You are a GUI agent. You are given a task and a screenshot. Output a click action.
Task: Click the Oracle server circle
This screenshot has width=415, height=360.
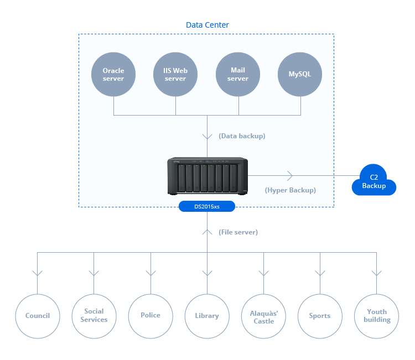(x=113, y=75)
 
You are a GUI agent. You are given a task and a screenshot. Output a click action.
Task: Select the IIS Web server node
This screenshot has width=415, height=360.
(x=175, y=75)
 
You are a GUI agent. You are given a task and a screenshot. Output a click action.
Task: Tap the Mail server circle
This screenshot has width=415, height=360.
(x=238, y=75)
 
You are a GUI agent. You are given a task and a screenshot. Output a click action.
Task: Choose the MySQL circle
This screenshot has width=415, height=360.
(x=300, y=75)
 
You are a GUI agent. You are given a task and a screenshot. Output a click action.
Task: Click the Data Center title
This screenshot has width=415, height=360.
(x=207, y=25)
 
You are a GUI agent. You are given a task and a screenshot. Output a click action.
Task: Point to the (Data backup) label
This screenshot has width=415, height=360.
(x=242, y=135)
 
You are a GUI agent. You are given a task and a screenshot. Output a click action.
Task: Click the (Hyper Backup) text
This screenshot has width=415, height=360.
(x=290, y=190)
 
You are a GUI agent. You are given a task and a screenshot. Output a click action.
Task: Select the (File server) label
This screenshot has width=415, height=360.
(x=238, y=232)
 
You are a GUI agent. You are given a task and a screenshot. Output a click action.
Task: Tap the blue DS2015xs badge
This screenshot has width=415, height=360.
(x=207, y=207)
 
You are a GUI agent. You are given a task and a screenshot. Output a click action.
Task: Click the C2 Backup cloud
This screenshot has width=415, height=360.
(x=374, y=181)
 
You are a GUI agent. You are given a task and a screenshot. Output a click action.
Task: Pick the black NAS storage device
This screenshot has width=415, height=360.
(x=207, y=176)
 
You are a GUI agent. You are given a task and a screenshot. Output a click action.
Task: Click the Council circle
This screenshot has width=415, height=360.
(x=38, y=316)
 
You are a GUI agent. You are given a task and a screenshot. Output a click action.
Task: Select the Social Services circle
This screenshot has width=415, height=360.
(x=94, y=316)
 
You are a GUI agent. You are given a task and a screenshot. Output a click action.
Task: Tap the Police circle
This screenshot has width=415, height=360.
(x=151, y=315)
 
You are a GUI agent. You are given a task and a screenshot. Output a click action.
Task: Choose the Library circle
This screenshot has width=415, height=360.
(x=207, y=316)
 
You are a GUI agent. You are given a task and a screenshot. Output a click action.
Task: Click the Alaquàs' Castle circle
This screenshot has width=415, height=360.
(x=263, y=316)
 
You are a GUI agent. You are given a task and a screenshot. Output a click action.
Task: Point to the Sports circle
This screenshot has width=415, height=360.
(x=320, y=316)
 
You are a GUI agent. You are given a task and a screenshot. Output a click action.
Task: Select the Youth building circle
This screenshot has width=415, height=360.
(x=377, y=316)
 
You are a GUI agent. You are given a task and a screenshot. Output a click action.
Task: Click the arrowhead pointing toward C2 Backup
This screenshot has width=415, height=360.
(x=289, y=176)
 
